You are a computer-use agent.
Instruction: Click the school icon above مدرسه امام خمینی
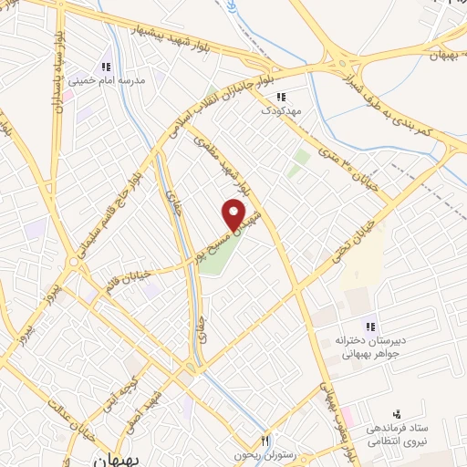[x=106, y=67]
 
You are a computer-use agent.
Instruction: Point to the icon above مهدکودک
[x=281, y=95]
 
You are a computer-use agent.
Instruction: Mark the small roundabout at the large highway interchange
[x=344, y=67]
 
